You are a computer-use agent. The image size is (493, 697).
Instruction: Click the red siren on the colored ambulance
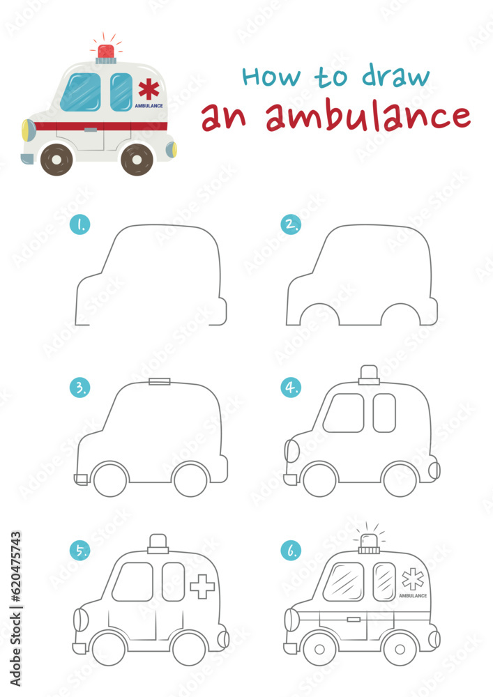tap(106, 51)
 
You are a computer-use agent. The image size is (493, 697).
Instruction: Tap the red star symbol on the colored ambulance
tap(148, 89)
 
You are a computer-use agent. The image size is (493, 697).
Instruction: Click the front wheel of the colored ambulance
tap(56, 160)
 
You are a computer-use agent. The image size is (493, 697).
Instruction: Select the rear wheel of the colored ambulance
tap(137, 160)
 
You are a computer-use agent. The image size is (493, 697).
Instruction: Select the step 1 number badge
tap(80, 224)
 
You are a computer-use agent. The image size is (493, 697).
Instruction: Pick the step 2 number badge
tap(291, 224)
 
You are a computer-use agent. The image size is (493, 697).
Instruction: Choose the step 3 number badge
tap(80, 388)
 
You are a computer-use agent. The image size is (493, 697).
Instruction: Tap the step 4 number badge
tap(291, 388)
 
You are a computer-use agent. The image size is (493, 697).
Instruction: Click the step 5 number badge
tap(80, 551)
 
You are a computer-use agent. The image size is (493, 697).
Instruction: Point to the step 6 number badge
tap(291, 551)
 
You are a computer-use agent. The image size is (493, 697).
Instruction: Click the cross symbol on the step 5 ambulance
tap(202, 586)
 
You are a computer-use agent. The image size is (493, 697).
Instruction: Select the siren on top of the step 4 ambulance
tap(369, 375)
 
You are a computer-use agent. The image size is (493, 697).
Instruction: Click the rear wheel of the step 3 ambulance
tap(190, 480)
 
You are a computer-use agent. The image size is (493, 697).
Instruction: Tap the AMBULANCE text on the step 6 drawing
tap(413, 597)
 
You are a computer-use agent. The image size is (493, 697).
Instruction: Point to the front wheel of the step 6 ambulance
tap(319, 649)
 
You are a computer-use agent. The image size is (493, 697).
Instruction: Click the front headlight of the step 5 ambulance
tap(81, 619)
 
